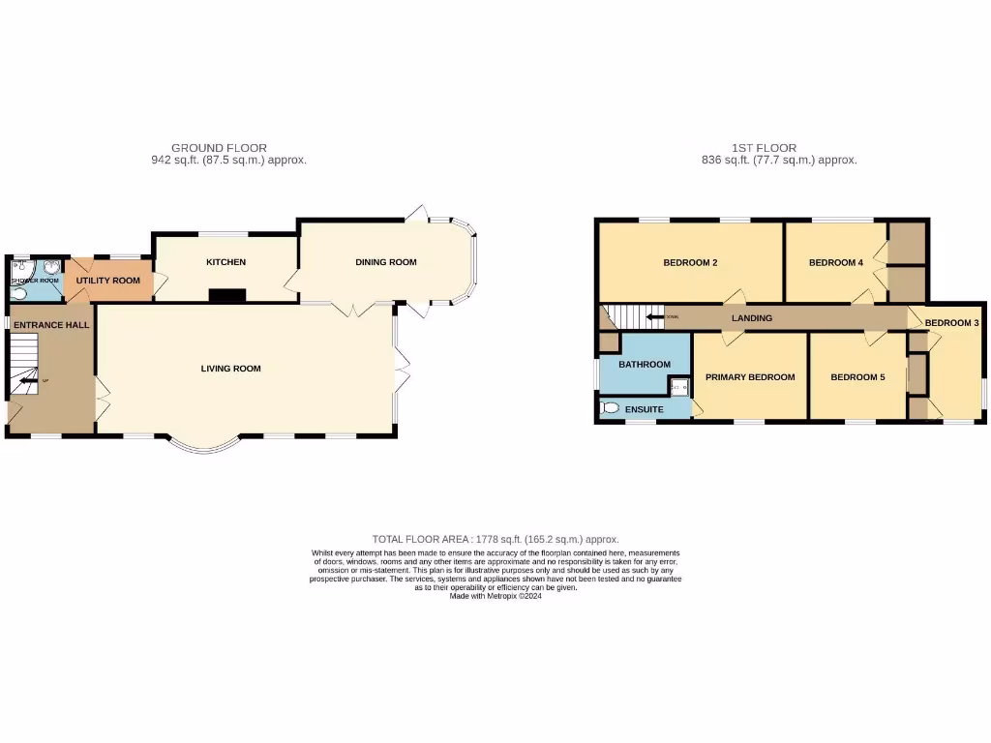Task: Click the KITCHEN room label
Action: pyautogui.click(x=225, y=262)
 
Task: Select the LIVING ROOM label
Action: pyautogui.click(x=231, y=369)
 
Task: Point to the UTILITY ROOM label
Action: pyautogui.click(x=108, y=281)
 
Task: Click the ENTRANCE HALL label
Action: pyautogui.click(x=51, y=325)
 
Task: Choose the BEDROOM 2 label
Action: pyautogui.click(x=690, y=263)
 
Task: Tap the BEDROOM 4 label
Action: pyautogui.click(x=835, y=263)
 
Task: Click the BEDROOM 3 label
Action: pyautogui.click(x=952, y=323)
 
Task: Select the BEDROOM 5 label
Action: pyautogui.click(x=857, y=377)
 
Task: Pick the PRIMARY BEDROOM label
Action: pyautogui.click(x=750, y=377)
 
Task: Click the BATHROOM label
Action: pyautogui.click(x=645, y=365)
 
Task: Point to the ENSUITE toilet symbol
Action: pyautogui.click(x=610, y=409)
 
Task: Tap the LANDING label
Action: pyautogui.click(x=752, y=317)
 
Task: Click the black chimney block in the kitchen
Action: pyautogui.click(x=227, y=296)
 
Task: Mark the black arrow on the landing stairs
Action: pyautogui.click(x=657, y=317)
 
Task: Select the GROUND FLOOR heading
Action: pyautogui.click(x=220, y=148)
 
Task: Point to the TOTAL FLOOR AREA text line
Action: pyautogui.click(x=495, y=539)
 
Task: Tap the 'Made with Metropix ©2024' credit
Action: pyautogui.click(x=495, y=596)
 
